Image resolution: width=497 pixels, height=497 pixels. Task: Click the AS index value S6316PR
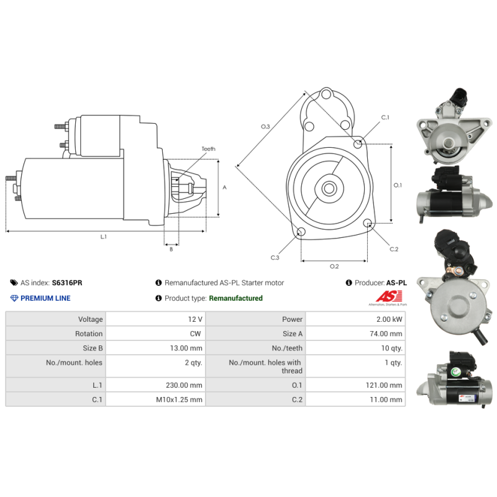(x=67, y=283)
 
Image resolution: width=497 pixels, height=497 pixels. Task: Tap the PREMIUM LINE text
(x=45, y=298)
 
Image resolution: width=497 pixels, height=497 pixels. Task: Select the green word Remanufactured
(x=236, y=298)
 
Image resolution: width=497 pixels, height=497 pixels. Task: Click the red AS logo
(x=390, y=296)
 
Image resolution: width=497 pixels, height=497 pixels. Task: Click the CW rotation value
(x=195, y=334)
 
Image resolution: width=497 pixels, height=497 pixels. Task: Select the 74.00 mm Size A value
(x=386, y=334)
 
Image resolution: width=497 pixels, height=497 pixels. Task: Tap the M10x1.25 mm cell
(x=179, y=399)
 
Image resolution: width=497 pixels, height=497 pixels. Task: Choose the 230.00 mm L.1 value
(x=184, y=385)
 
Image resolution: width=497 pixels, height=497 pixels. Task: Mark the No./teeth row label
(x=287, y=349)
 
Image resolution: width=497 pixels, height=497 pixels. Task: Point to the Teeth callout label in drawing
(x=209, y=148)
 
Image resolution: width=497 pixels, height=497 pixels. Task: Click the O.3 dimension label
(x=265, y=127)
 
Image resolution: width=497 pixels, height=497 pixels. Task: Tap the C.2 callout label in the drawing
(x=394, y=249)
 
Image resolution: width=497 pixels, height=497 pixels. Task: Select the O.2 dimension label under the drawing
(x=334, y=267)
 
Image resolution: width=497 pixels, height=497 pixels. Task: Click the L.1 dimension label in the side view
(x=103, y=237)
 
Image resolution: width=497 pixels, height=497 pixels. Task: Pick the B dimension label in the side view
(x=171, y=249)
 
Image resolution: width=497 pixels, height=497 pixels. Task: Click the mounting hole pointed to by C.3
(x=301, y=231)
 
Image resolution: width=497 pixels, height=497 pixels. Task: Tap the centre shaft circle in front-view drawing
(x=329, y=188)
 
